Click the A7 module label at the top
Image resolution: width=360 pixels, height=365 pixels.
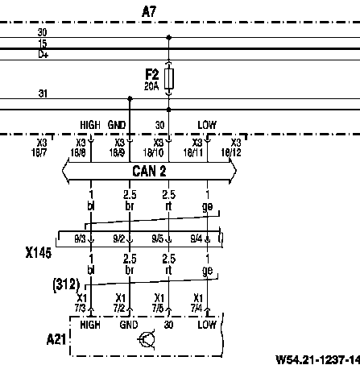149,11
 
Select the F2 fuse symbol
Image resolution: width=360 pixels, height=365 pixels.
169,79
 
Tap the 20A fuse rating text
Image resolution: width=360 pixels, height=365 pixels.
151,86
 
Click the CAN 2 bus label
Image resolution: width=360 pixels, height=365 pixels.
149,171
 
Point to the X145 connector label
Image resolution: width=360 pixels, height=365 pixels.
39,253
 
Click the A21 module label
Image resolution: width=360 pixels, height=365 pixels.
56,339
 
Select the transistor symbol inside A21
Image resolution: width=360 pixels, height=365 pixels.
147,339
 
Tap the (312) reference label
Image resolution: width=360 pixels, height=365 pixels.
66,284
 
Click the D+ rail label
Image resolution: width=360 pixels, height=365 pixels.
43,55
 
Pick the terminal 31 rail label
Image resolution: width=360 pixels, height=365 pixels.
43,93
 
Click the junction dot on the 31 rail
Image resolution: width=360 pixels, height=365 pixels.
130,98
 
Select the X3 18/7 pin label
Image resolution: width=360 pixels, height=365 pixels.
39,147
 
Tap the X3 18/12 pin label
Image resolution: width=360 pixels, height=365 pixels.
231,147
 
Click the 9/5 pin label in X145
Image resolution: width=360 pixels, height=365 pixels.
158,238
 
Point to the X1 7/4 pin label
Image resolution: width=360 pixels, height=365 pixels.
197,303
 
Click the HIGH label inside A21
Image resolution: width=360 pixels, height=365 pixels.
90,325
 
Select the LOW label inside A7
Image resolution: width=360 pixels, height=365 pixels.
207,125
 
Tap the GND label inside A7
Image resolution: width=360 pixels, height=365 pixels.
117,125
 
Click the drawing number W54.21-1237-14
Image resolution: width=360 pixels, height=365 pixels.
318,359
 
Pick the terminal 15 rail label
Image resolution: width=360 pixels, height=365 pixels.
43,44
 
